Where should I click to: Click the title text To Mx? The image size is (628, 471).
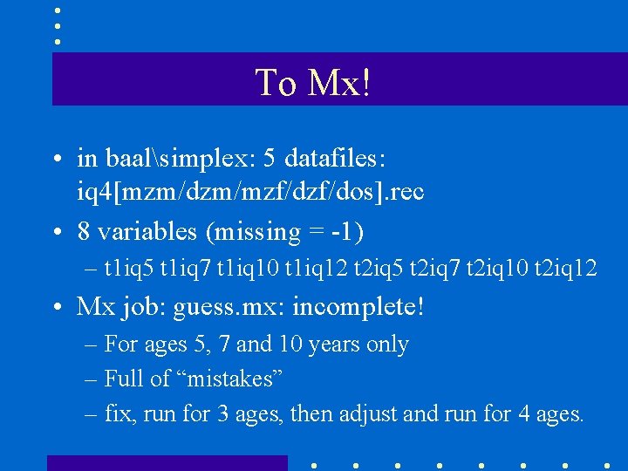pos(312,83)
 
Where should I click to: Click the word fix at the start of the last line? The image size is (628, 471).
pos(117,413)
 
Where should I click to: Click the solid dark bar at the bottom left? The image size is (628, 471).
pos(167,462)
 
